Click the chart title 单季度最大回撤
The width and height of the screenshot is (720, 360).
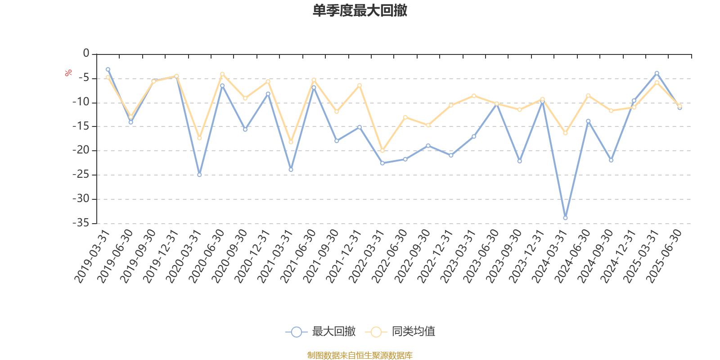[x=360, y=10]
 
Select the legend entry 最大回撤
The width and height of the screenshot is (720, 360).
[x=320, y=331]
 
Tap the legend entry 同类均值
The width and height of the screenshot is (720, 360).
[x=400, y=331]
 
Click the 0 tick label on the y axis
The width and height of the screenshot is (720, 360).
[x=86, y=53]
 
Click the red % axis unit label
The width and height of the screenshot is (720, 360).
[x=68, y=73]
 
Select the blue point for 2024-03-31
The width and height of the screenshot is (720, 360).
[x=565, y=218]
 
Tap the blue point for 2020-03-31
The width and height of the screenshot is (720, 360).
[x=199, y=175]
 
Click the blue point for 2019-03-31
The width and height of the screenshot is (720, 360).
[x=108, y=69]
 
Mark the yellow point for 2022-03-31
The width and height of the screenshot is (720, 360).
[x=382, y=151]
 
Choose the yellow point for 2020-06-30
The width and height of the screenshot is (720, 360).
[x=222, y=74]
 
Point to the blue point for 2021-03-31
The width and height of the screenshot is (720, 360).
[x=291, y=170]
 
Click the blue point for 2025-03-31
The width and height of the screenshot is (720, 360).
[x=657, y=73]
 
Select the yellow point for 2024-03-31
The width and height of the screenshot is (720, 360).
[x=565, y=133]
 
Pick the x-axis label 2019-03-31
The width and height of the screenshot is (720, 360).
[x=92, y=256]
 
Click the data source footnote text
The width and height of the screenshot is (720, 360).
[x=360, y=355]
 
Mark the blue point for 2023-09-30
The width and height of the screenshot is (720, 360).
[x=520, y=161]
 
